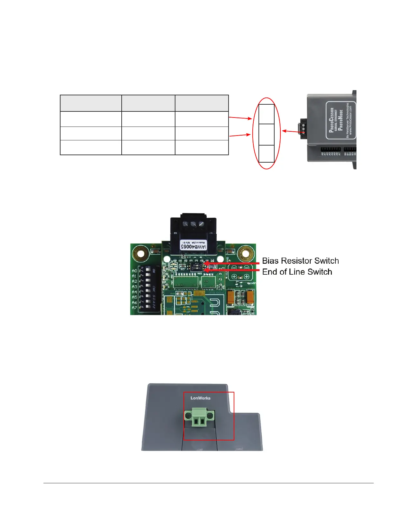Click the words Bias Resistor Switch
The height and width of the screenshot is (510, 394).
pyautogui.click(x=300, y=261)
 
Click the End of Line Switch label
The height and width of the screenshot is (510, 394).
pyautogui.click(x=297, y=272)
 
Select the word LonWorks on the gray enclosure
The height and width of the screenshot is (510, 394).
pyautogui.click(x=200, y=398)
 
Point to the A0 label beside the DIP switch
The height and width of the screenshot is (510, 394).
pyautogui.click(x=134, y=271)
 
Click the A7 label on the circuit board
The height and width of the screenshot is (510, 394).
pyautogui.click(x=134, y=308)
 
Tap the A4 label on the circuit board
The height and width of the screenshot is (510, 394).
pyautogui.click(x=134, y=292)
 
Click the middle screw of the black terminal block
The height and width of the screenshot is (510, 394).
pyautogui.click(x=193, y=224)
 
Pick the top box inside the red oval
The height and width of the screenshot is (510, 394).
pyautogui.click(x=266, y=114)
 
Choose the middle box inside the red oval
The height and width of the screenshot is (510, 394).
pyautogui.click(x=266, y=135)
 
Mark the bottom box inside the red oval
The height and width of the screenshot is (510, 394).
pyautogui.click(x=266, y=154)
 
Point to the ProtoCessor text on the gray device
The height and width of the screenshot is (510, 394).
pyautogui.click(x=332, y=120)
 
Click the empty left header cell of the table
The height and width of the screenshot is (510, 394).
pyautogui.click(x=91, y=103)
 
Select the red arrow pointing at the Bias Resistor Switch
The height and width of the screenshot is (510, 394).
pyautogui.click(x=232, y=263)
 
